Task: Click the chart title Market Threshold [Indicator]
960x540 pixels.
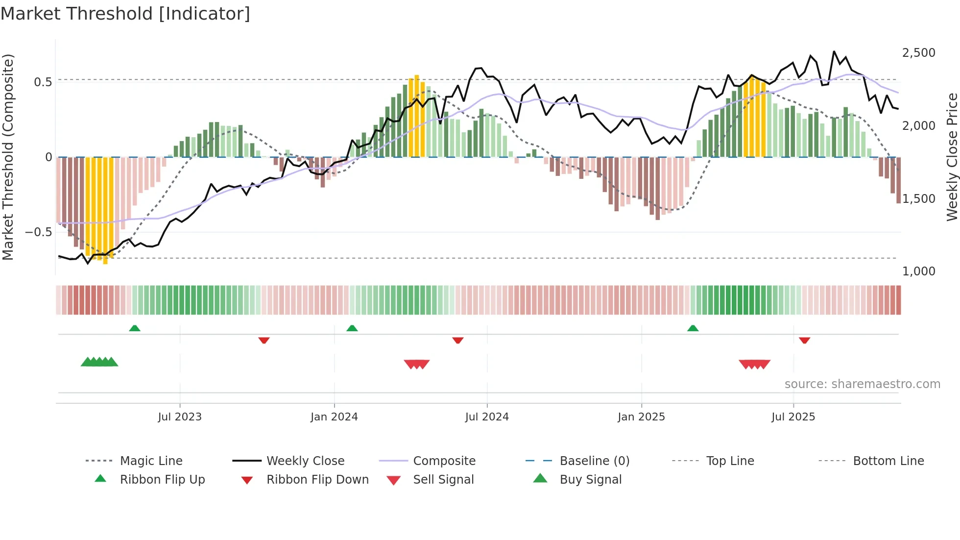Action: pos(125,14)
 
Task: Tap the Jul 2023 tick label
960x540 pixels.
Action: pos(180,417)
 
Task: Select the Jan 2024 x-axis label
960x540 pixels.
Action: pos(334,417)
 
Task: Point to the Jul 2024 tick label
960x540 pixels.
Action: pos(487,417)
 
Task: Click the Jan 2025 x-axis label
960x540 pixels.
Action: pos(641,417)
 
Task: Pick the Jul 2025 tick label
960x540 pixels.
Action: pos(793,417)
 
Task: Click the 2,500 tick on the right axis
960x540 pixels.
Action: pos(918,53)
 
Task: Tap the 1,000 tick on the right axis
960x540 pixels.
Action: pos(918,271)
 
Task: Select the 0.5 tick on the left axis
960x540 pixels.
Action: pos(43,82)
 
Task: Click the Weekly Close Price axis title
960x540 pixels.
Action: pos(952,157)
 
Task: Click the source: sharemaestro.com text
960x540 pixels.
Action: pos(862,384)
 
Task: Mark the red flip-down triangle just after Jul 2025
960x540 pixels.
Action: pos(804,340)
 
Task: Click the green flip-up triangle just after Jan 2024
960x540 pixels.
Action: pos(352,328)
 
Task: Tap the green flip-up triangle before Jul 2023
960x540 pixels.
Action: pos(135,328)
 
